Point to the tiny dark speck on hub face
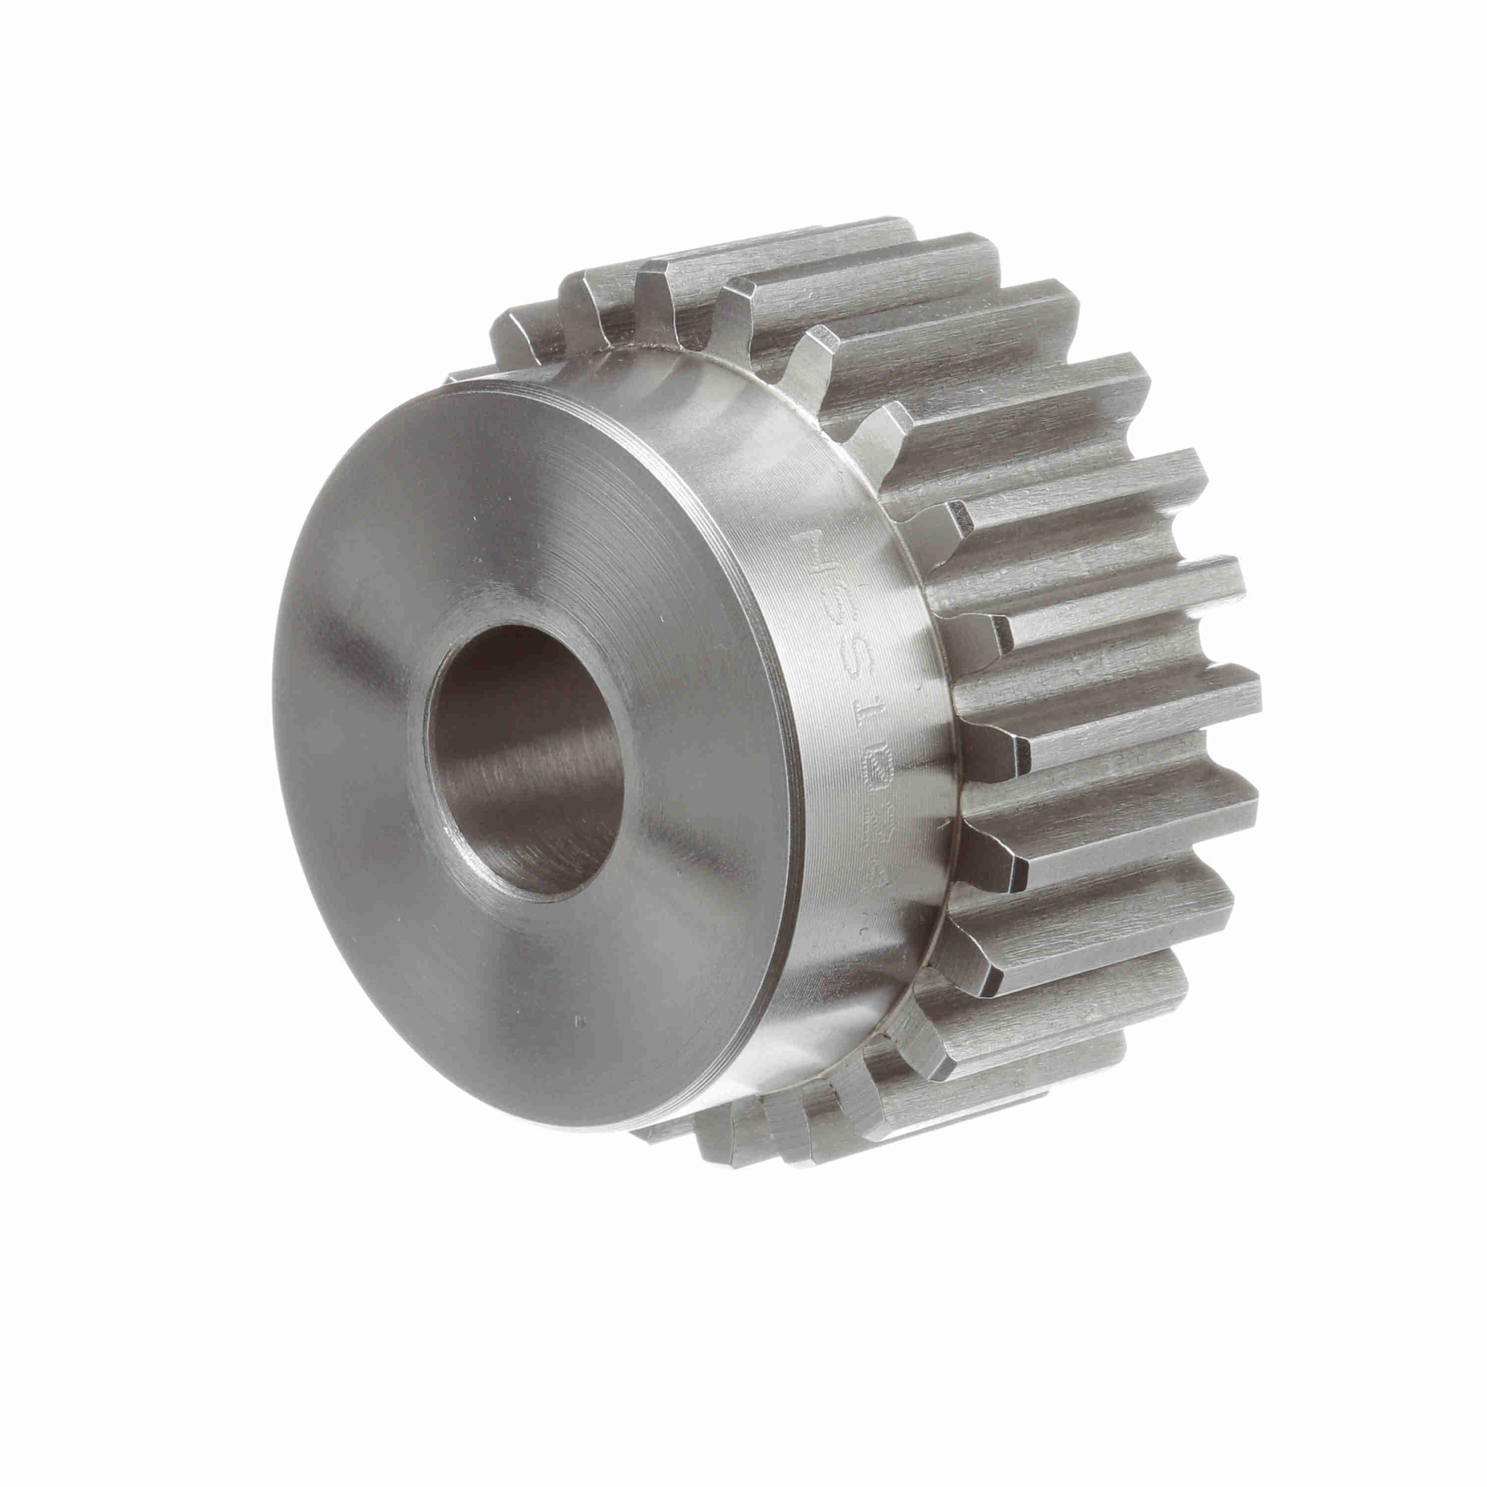[579, 1022]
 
